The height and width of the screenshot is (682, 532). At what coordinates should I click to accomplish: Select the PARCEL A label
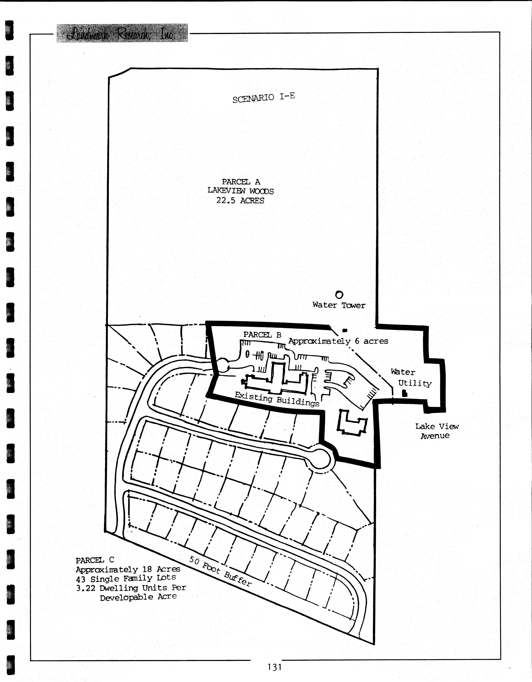pos(241,182)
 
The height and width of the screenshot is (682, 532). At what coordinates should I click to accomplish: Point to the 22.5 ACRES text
pos(240,201)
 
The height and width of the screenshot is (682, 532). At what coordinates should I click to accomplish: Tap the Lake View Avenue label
pos(437,431)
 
